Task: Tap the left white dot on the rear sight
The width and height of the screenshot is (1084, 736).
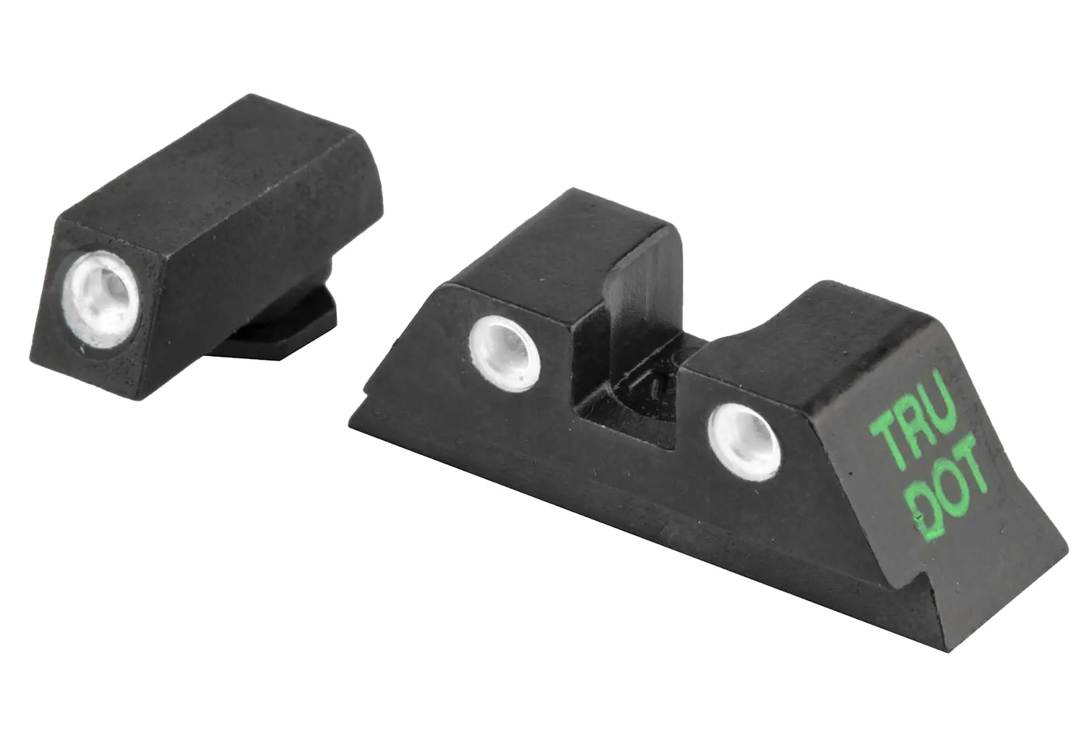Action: point(504,350)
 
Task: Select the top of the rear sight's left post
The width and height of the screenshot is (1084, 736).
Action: point(549,246)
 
